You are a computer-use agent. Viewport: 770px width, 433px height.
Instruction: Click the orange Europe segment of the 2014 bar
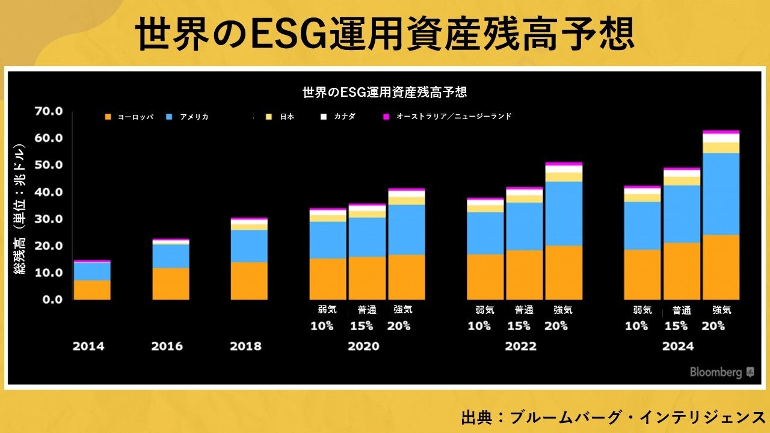pyautogui.click(x=92, y=290)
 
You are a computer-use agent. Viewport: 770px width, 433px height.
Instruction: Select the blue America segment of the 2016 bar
pyautogui.click(x=171, y=256)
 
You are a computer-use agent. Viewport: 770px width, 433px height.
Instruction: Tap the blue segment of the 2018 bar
pyautogui.click(x=249, y=245)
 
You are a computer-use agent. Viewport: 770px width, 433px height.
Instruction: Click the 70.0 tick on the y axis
pyautogui.click(x=49, y=111)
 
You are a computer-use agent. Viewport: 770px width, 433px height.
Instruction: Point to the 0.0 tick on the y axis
pyautogui.click(x=52, y=299)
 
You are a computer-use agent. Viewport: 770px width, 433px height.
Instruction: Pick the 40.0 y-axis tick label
pyautogui.click(x=49, y=192)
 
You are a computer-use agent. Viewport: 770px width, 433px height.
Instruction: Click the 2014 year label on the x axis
pyautogui.click(x=88, y=346)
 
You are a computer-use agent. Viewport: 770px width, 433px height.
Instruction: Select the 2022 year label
pyautogui.click(x=520, y=346)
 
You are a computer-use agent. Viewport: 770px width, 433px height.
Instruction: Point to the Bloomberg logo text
pyautogui.click(x=716, y=372)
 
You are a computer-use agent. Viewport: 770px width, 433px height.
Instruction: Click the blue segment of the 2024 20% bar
pyautogui.click(x=721, y=194)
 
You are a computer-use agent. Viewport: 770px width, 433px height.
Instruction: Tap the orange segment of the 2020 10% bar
pyautogui.click(x=328, y=279)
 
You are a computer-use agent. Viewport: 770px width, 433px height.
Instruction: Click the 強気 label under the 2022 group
pyautogui.click(x=563, y=310)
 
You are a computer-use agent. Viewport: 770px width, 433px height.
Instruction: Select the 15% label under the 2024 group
pyautogui.click(x=677, y=326)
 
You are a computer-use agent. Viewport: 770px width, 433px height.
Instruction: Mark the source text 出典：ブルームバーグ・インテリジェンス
pyautogui.click(x=613, y=417)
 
